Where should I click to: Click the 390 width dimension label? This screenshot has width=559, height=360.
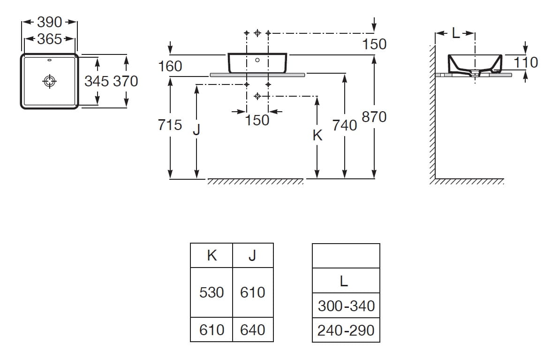coord(50,22)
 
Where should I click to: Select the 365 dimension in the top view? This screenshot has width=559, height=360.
coord(50,39)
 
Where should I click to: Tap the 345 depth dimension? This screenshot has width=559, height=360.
coord(97,81)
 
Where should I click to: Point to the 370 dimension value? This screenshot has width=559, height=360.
coord(126,81)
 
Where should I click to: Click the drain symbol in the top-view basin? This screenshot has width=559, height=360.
coord(50,81)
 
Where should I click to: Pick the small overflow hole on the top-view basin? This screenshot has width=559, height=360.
coord(50,60)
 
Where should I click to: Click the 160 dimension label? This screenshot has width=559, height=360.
coord(170,66)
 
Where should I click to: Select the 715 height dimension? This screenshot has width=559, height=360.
coord(170,125)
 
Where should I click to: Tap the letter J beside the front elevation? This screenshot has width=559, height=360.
coord(196,130)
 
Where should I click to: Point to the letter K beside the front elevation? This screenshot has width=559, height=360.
coord(317,136)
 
